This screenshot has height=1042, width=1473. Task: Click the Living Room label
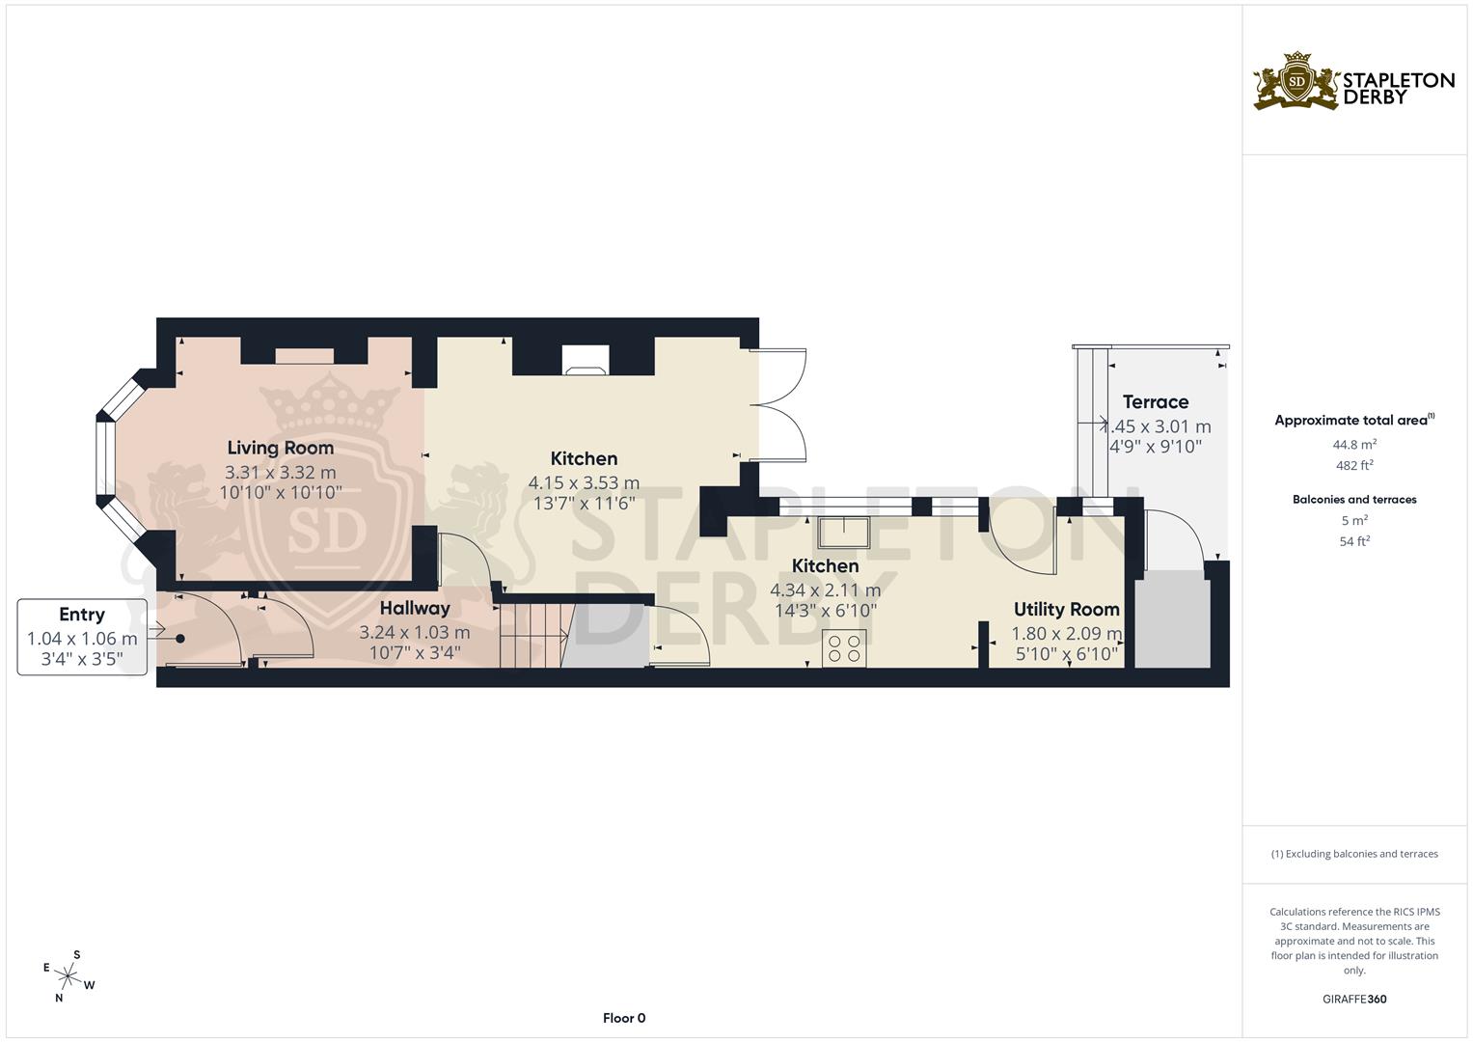280,448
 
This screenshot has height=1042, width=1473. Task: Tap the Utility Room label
1066,609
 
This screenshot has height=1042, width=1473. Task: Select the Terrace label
1155,401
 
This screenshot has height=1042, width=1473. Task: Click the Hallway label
414,608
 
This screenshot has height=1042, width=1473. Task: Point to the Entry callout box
82,637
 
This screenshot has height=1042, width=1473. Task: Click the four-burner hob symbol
844,647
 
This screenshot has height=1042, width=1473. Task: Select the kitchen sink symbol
842,532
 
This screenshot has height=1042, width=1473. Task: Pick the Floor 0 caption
623,1018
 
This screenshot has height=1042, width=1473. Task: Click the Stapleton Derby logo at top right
1353,83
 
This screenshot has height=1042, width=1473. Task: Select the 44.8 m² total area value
1354,445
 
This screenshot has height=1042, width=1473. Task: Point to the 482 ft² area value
1354,465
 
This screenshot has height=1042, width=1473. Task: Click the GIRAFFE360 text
1353,999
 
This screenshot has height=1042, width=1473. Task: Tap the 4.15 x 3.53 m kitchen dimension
584,482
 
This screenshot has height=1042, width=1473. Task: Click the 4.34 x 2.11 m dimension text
825,590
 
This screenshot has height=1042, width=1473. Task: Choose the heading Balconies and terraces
1353,500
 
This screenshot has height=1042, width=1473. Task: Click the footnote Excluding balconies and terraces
1353,854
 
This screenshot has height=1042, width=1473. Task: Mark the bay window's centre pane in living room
104,460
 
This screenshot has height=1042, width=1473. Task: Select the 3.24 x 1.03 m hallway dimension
414,633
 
